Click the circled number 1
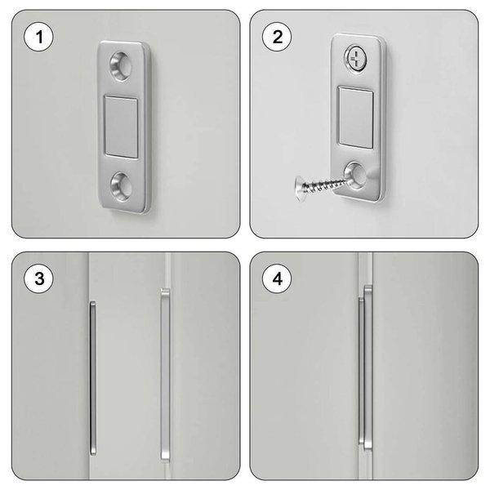click(38, 37)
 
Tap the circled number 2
click(277, 37)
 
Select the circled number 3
click(38, 278)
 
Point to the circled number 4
click(277, 278)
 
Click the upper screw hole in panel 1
click(121, 66)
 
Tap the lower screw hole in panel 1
click(121, 186)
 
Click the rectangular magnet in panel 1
click(121, 127)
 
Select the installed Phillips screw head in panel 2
click(355, 59)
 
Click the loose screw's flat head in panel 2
click(300, 185)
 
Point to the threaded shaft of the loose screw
click(325, 185)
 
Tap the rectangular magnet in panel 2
click(356, 117)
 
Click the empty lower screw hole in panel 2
click(355, 176)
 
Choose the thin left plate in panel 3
click(93, 378)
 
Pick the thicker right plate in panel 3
click(165, 375)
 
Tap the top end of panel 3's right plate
click(165, 289)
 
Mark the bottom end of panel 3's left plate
click(93, 454)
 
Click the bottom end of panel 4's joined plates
click(367, 450)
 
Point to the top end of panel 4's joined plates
click(368, 286)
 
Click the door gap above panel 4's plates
click(366, 269)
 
